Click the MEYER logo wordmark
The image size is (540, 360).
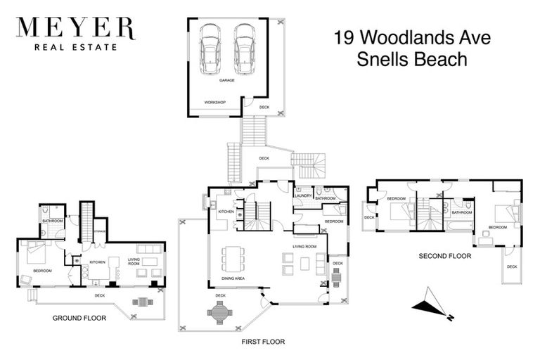click(75, 28)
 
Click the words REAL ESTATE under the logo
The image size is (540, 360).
click(75, 48)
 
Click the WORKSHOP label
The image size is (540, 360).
click(214, 103)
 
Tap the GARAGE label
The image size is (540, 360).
click(226, 80)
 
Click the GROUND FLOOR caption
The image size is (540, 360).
click(79, 318)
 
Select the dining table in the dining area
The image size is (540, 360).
click(232, 257)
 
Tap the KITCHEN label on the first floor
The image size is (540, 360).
click(226, 212)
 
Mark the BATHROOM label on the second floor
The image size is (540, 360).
click(461, 212)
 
